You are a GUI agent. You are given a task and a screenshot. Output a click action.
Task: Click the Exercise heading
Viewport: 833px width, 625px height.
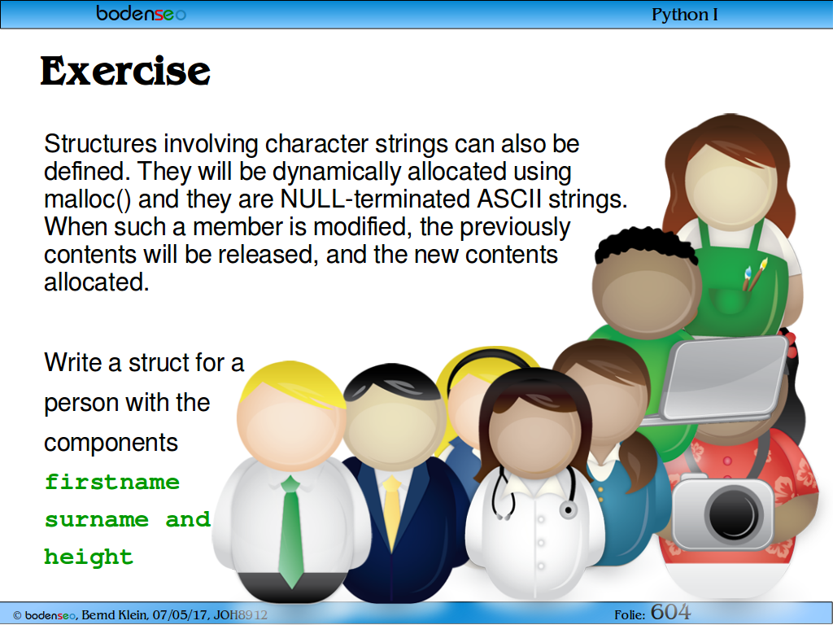tap(125, 72)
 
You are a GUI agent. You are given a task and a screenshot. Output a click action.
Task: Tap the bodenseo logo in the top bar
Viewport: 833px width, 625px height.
tap(141, 13)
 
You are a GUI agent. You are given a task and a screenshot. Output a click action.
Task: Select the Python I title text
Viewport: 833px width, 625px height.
tap(684, 15)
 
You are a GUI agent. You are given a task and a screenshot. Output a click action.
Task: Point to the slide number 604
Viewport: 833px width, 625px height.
tap(670, 612)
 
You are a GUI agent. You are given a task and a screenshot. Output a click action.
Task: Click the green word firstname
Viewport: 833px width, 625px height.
tap(112, 482)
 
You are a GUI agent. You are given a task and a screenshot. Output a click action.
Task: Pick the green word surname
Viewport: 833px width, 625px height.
tap(97, 519)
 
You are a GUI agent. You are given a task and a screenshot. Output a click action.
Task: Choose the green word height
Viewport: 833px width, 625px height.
tap(89, 557)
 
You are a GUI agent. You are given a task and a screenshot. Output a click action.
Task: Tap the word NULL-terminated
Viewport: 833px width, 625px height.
tap(375, 199)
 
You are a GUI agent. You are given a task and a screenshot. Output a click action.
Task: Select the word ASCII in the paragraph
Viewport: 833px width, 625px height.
tap(509, 199)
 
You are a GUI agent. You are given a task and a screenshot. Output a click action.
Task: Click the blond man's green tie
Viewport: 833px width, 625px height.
tap(291, 531)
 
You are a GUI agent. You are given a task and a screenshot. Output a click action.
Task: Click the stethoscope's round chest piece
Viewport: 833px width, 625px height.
tap(568, 510)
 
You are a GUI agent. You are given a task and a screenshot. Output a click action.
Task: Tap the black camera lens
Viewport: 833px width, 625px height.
tap(735, 514)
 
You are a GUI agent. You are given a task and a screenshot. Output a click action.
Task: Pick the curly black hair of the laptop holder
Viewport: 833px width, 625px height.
tap(645, 246)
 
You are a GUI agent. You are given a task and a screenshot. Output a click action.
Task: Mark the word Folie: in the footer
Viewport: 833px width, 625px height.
tap(630, 615)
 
